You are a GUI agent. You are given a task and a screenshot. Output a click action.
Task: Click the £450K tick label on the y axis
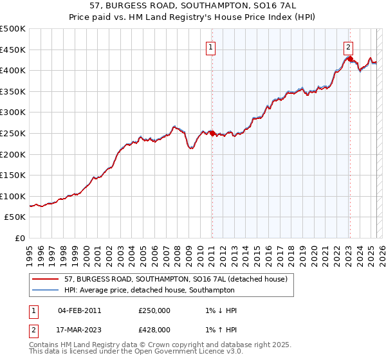point(13,50)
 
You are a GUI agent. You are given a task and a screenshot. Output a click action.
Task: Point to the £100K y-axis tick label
point(13,196)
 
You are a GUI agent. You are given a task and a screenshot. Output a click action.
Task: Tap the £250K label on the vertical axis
point(13,133)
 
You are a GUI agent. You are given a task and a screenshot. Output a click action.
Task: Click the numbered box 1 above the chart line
point(211,46)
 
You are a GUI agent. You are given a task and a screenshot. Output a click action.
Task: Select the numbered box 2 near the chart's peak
point(348,46)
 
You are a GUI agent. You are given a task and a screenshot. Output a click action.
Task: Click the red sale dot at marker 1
point(212,133)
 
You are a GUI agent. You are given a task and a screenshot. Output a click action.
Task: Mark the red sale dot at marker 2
point(350,59)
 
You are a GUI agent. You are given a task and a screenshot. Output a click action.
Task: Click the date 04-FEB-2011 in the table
point(80,310)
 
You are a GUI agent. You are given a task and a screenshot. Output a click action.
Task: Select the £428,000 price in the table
point(154,330)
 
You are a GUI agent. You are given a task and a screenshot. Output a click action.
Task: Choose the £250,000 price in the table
point(154,310)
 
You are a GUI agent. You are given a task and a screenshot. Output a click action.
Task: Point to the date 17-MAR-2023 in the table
point(80,330)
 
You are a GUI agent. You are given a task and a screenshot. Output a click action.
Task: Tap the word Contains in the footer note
point(44,345)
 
